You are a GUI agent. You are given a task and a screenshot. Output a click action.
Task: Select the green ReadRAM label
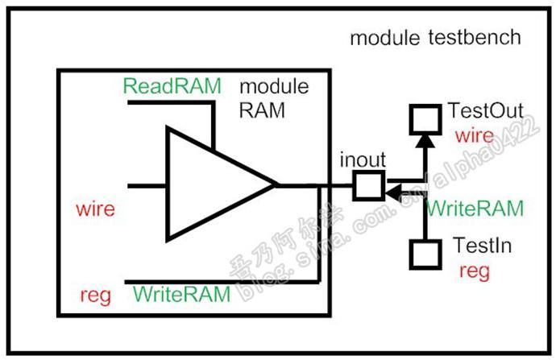[x=171, y=86]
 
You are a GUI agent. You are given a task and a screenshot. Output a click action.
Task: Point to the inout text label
[x=362, y=159]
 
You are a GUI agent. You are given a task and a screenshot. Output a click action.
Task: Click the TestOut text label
[x=485, y=110]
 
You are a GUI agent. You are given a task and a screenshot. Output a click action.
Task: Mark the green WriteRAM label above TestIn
[x=475, y=208]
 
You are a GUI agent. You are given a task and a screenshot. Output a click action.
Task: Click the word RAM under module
[x=261, y=111]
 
